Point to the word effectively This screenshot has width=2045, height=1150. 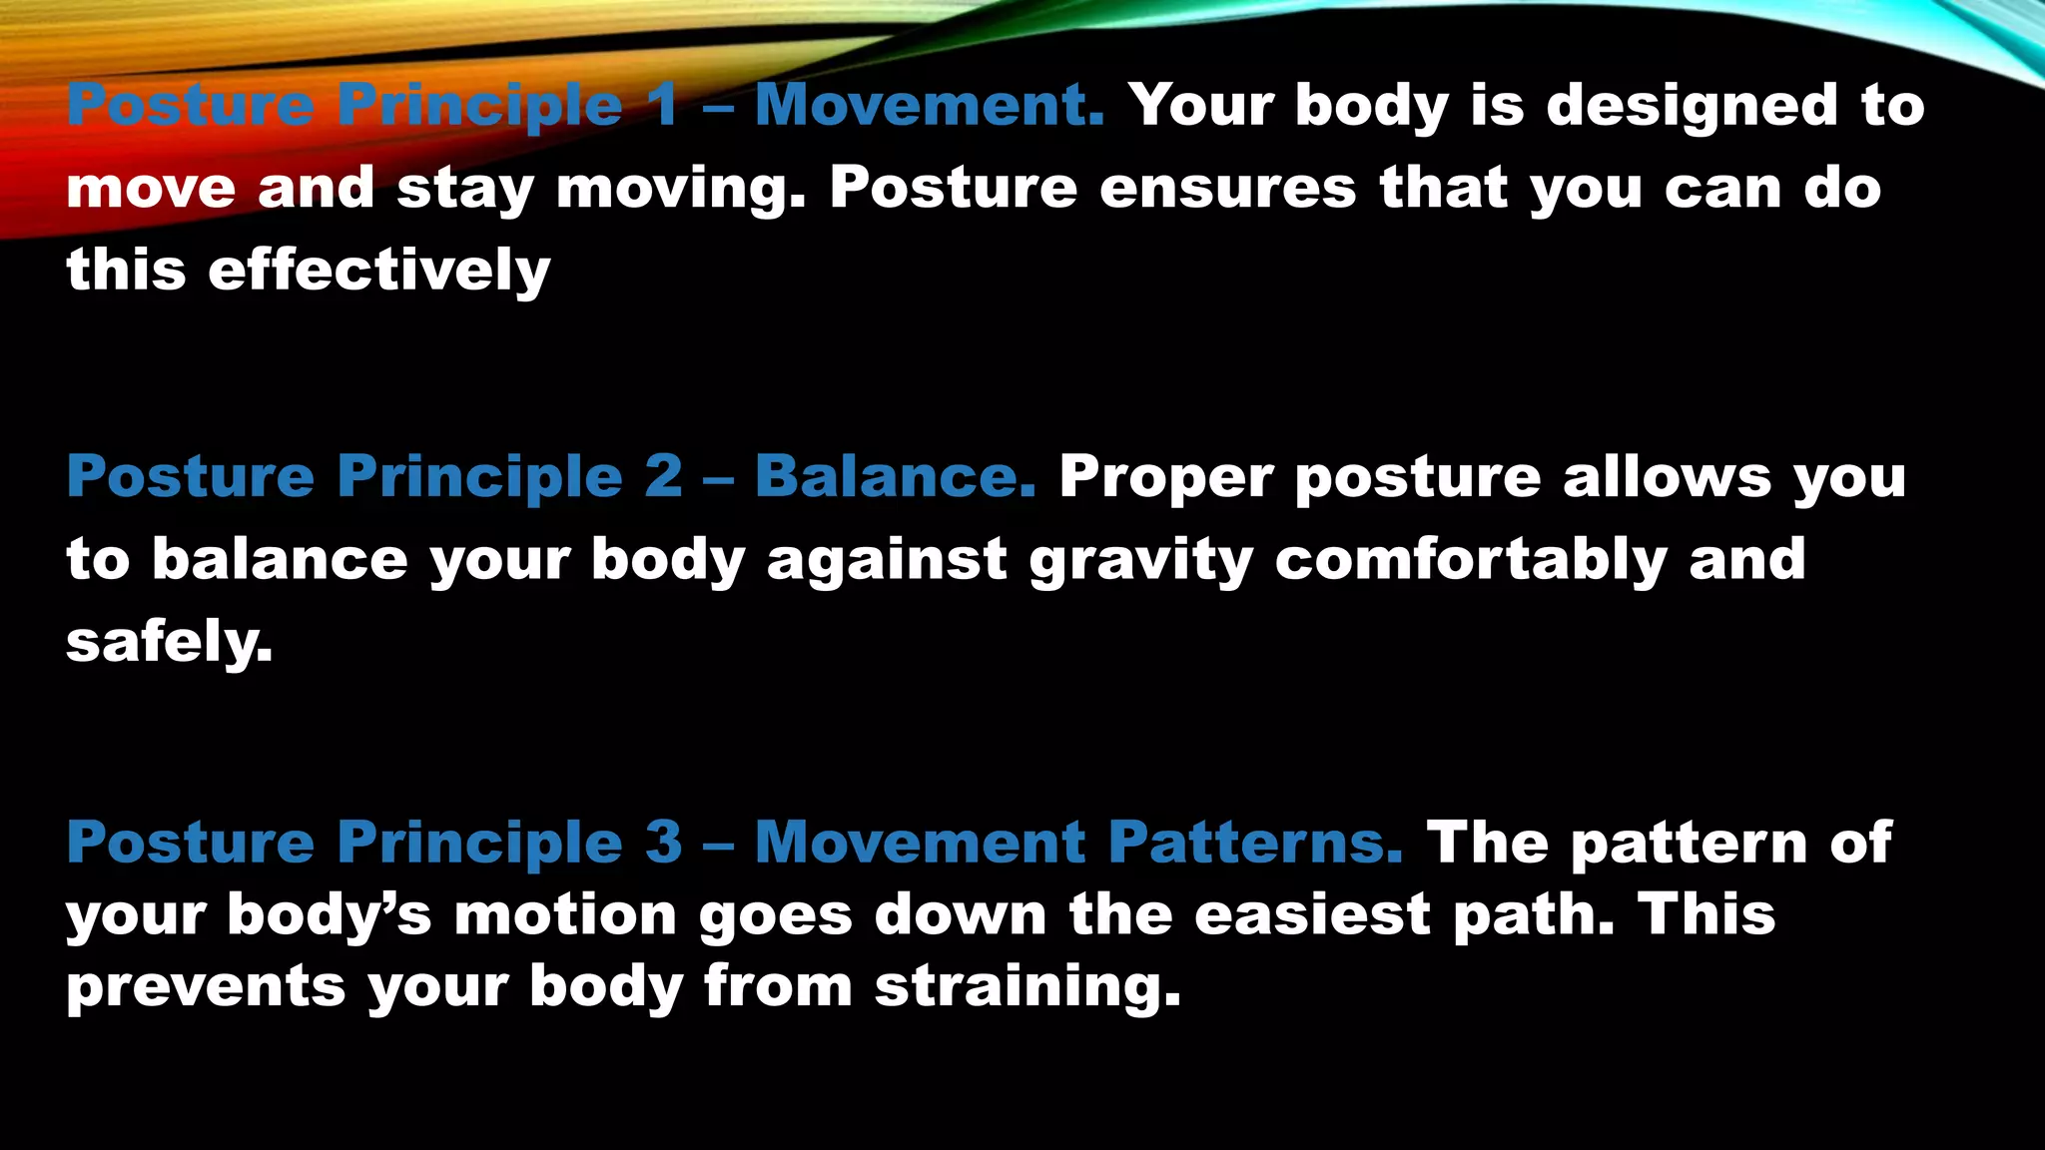[x=379, y=271]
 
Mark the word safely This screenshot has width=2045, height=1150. [x=169, y=642]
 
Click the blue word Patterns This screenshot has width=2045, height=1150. [x=1255, y=844]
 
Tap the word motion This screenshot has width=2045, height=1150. [x=565, y=914]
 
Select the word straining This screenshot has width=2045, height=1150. [x=1027, y=988]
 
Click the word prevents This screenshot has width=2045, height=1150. [x=206, y=988]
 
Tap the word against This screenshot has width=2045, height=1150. [x=887, y=559]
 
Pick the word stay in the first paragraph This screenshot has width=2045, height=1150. [x=465, y=190]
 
